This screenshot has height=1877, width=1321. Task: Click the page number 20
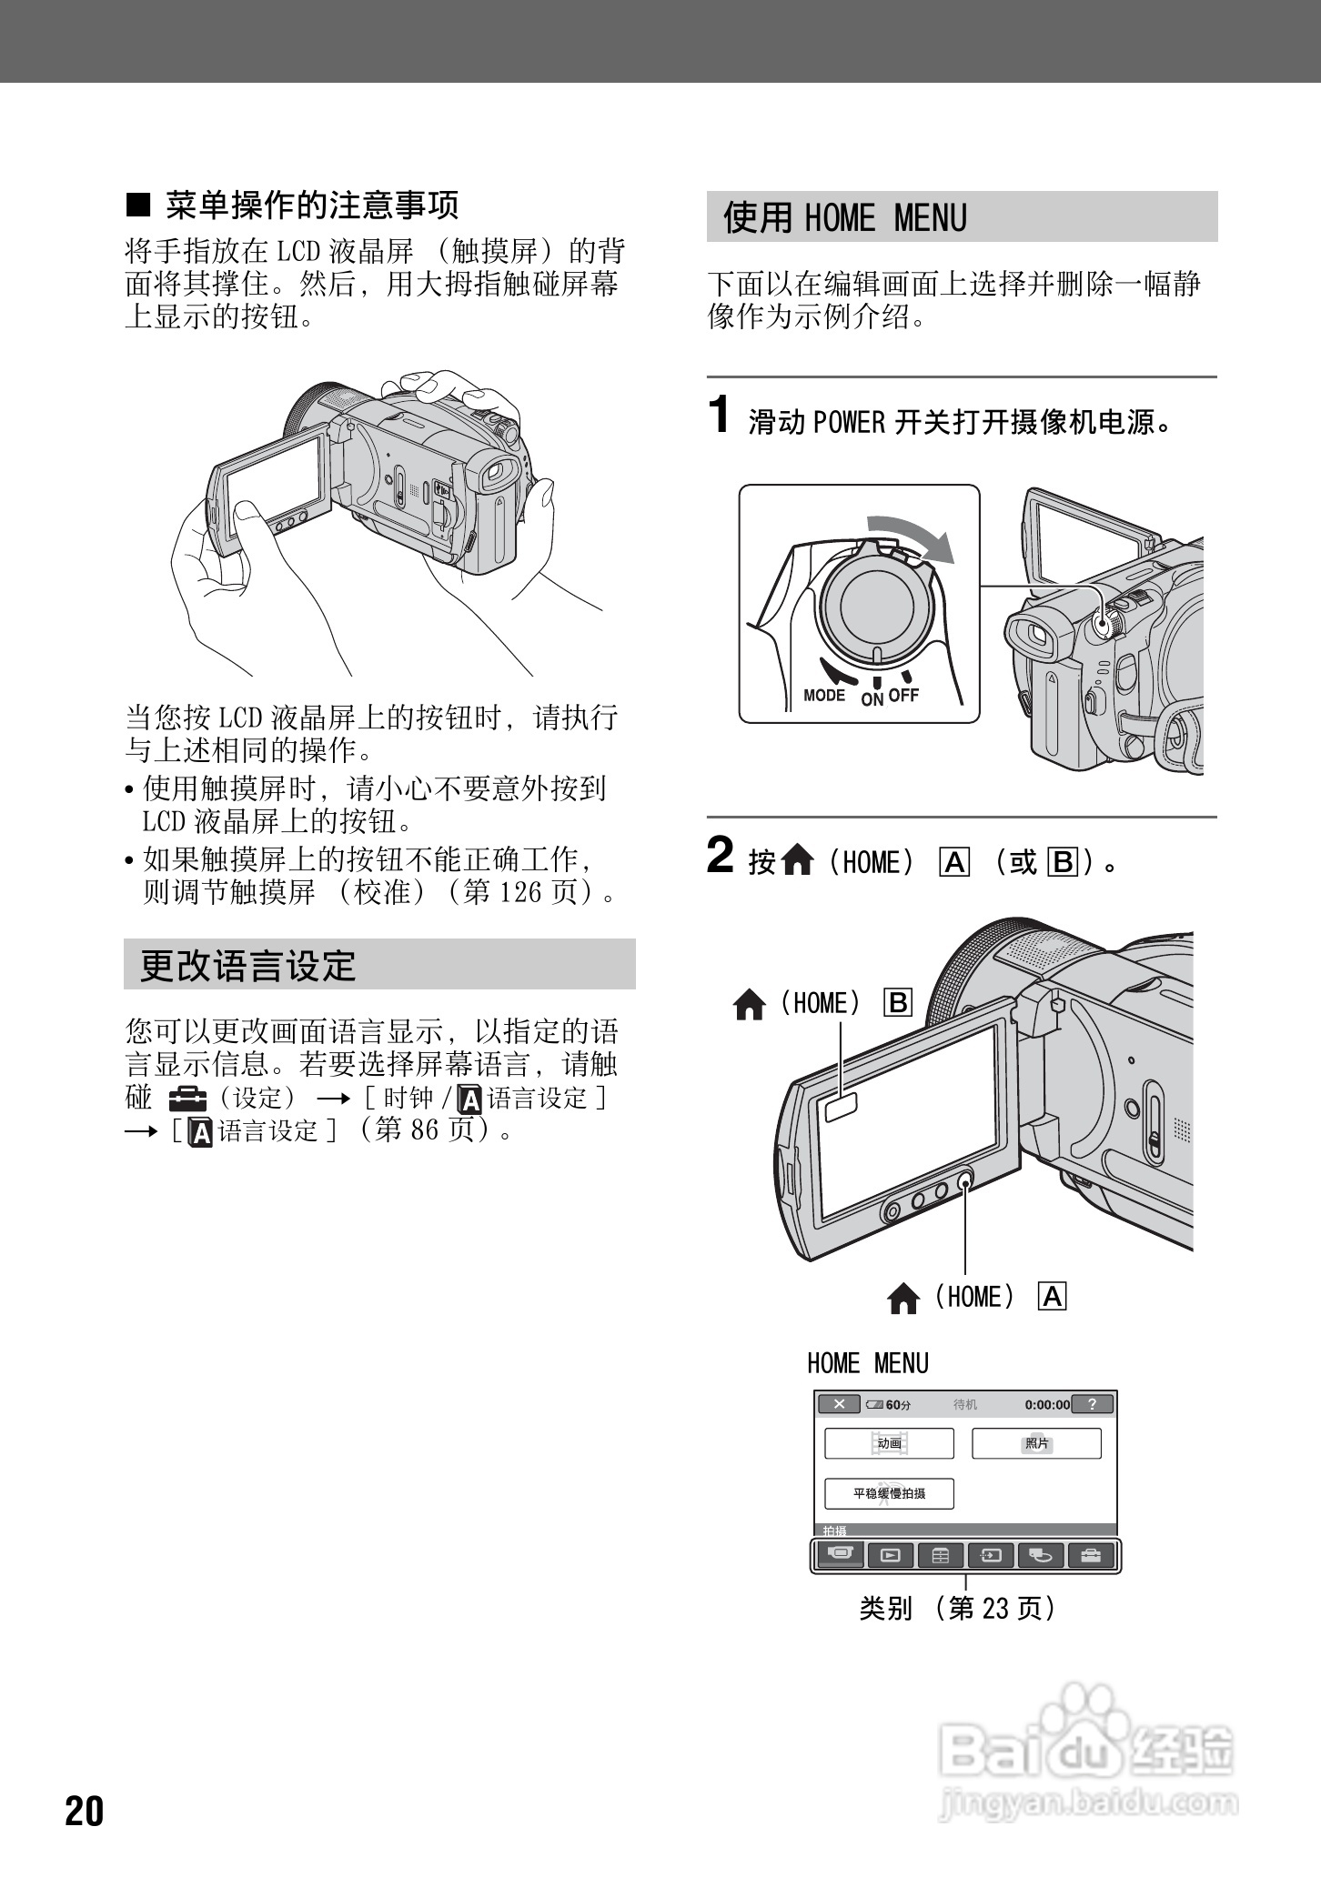[85, 1811]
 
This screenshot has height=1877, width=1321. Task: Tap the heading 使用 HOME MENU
[844, 218]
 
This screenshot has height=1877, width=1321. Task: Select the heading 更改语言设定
[247, 966]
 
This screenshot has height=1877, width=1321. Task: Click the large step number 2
[720, 856]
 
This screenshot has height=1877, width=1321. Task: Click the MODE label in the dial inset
[824, 696]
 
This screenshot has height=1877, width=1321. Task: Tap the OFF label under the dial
[904, 696]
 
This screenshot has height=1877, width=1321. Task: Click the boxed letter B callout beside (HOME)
[898, 1003]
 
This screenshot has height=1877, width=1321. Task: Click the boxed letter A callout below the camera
[1053, 1297]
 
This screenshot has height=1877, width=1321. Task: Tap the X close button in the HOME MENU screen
[839, 1404]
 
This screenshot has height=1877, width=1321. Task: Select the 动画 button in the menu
[889, 1443]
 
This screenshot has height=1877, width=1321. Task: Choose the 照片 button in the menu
[1036, 1443]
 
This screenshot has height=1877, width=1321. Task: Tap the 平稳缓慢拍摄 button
[889, 1493]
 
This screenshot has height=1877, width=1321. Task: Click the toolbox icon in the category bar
[1090, 1556]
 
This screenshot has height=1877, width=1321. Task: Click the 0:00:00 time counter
[1047, 1405]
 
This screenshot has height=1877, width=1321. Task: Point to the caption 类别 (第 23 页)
[958, 1609]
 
